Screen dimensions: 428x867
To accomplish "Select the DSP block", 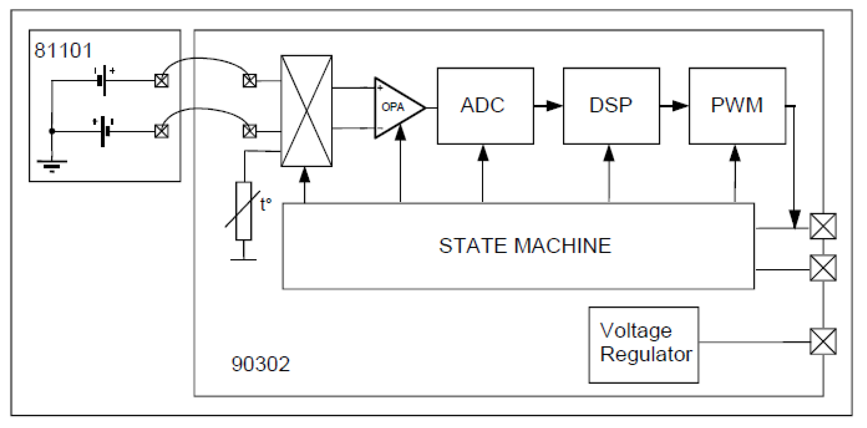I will pos(611,106).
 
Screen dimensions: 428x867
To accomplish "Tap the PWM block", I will pos(737,106).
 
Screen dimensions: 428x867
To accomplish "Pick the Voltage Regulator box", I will pos(643,345).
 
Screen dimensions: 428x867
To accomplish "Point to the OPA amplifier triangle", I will pos(396,108).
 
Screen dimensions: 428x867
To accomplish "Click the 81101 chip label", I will pos(63,50).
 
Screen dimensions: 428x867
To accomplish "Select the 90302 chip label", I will pos(260,364).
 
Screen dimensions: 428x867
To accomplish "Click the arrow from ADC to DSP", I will pos(549,106).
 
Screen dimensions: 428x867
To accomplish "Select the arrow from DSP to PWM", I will pos(674,106).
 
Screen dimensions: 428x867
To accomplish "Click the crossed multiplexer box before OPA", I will pos(306,111).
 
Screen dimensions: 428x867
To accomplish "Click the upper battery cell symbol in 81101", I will pos(102,81).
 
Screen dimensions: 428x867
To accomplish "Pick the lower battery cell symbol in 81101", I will pos(104,131).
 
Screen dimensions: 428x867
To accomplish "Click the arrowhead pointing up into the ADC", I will pos(483,154).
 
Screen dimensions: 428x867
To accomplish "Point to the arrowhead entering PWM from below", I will pos(735,154).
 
